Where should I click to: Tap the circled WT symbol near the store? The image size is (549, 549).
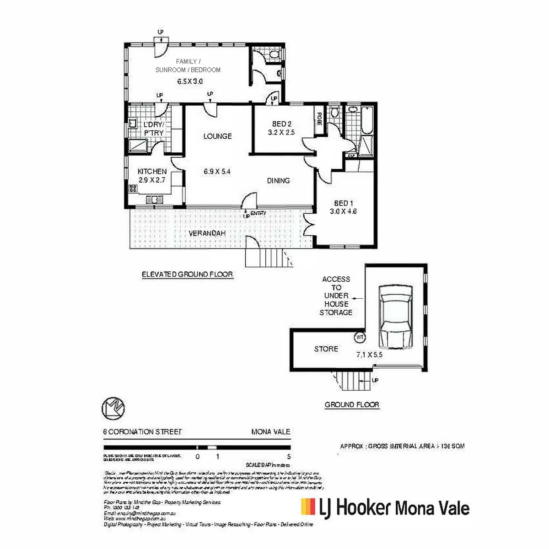click(360, 338)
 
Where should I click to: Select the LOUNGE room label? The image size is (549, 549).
click(217, 136)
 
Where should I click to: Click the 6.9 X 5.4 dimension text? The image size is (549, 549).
click(217, 172)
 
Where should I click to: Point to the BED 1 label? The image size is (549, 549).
click(343, 203)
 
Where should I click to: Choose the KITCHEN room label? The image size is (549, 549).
click(152, 172)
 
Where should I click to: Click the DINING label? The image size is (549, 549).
click(278, 181)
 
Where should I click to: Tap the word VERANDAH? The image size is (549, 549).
click(207, 233)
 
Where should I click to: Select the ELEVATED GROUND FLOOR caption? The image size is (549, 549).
click(187, 274)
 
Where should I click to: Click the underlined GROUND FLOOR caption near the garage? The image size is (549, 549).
click(352, 404)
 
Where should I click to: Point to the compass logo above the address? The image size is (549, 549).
click(113, 408)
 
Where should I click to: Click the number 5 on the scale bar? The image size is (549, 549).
click(289, 457)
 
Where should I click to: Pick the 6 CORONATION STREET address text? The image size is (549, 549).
click(142, 432)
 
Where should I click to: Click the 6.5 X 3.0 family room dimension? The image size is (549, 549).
click(190, 81)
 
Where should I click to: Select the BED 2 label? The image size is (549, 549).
click(281, 124)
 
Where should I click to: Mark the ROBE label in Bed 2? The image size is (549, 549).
click(319, 119)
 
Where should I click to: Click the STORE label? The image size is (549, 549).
click(326, 349)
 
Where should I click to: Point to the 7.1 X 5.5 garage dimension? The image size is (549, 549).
click(369, 355)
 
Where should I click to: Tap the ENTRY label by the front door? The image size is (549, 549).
click(258, 214)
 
